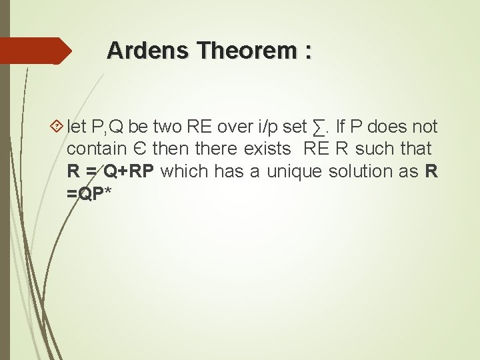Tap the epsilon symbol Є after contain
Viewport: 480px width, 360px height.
(x=138, y=149)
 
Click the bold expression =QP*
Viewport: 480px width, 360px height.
(x=89, y=194)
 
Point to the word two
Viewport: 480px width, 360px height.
(x=169, y=126)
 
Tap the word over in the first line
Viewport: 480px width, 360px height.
(x=234, y=126)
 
